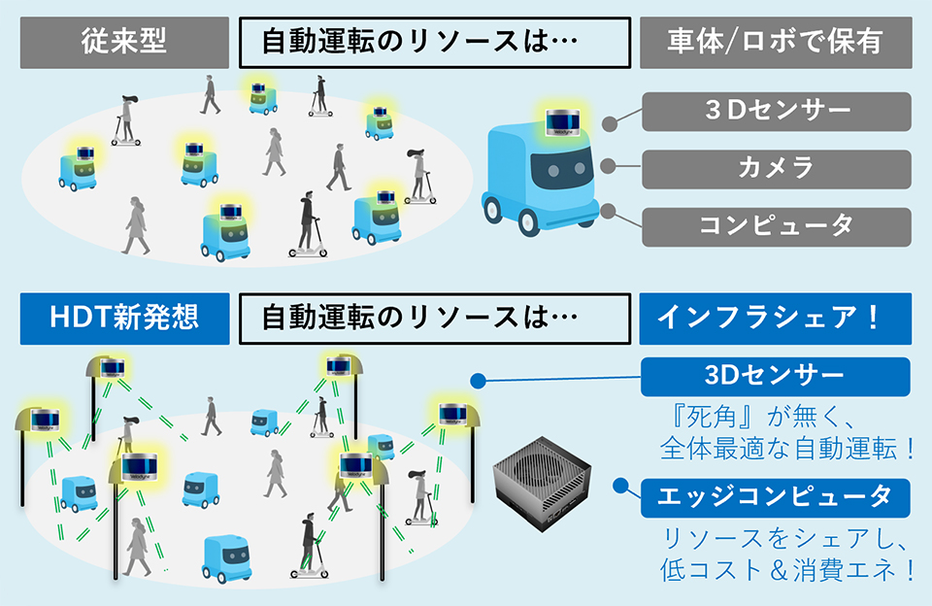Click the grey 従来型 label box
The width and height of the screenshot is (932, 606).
122,43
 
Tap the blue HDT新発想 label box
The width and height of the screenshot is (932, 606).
122,319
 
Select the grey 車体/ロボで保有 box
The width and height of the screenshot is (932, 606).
775,43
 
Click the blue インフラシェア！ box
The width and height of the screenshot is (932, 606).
775,319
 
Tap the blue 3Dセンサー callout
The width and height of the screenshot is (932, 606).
775,376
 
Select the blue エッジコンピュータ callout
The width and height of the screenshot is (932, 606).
775,496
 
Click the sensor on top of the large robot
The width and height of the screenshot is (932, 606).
562,121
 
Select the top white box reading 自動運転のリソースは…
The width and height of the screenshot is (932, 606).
428,43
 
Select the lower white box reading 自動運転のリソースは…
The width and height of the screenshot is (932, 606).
428,319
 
